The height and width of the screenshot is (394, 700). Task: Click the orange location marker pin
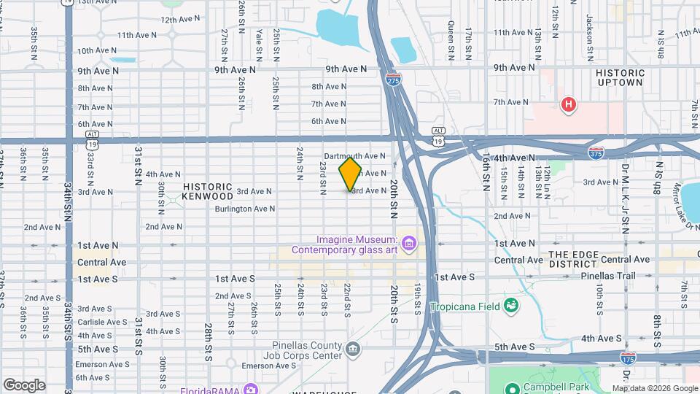click(350, 174)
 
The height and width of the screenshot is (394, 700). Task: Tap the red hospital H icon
click(568, 105)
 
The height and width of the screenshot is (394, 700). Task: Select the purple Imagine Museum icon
click(408, 242)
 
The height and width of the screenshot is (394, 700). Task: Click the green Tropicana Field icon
click(511, 304)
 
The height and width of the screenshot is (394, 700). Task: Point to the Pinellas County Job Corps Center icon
click(353, 349)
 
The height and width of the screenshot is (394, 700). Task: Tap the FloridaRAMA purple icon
click(251, 387)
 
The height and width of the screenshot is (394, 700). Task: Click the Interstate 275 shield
click(393, 77)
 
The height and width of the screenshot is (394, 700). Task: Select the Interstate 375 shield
click(596, 151)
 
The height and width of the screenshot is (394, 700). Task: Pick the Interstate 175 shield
click(626, 358)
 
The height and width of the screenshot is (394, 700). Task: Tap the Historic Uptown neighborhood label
click(620, 77)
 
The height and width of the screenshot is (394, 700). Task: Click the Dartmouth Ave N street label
click(354, 156)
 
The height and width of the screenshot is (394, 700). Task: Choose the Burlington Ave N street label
click(244, 209)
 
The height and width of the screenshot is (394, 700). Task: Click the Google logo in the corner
click(24, 385)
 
